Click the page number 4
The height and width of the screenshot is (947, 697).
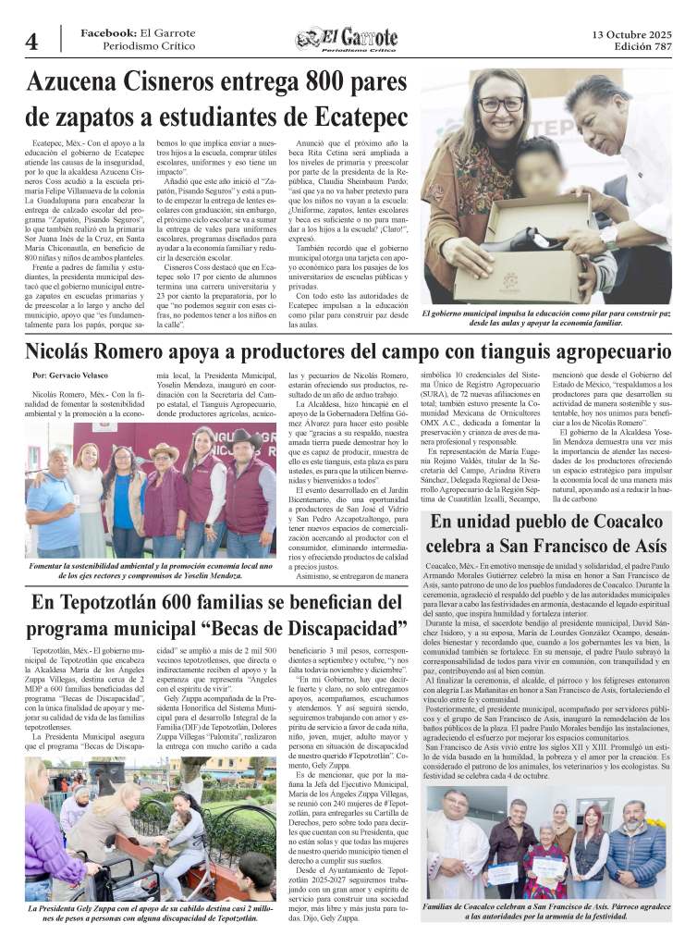tap(31, 42)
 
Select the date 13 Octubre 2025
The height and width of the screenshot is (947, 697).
tap(632, 34)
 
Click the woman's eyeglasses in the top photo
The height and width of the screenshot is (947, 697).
tap(500, 104)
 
